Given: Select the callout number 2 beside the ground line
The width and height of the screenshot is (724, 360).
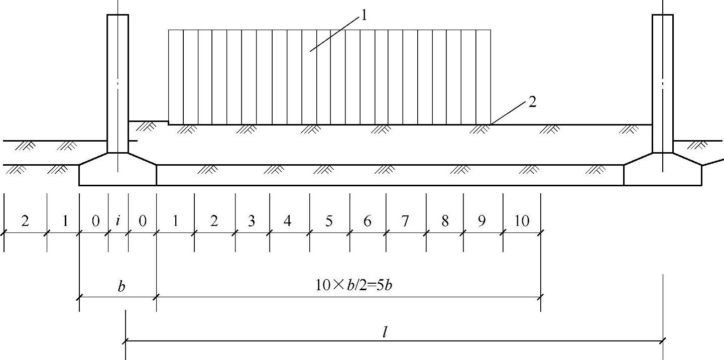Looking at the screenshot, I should [x=532, y=103].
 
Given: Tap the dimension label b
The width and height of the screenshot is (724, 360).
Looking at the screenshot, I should [x=122, y=287].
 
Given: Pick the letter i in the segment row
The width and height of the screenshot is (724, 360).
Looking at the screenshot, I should [x=118, y=221].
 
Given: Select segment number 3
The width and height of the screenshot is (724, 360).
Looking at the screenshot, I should [x=252, y=221].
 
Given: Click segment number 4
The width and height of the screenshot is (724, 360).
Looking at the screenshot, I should [x=287, y=221].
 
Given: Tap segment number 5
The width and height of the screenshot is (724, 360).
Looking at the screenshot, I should [x=329, y=221].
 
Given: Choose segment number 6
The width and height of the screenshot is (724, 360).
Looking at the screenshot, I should [x=367, y=221].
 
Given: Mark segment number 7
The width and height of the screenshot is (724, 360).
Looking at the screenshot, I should [x=405, y=221].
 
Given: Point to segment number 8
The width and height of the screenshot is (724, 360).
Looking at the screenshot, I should [x=444, y=221].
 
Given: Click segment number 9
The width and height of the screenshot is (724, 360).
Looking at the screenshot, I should [x=481, y=221].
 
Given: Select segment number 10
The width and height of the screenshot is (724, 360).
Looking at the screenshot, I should [x=522, y=221].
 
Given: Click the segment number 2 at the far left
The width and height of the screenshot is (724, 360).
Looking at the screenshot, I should [x=25, y=221].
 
